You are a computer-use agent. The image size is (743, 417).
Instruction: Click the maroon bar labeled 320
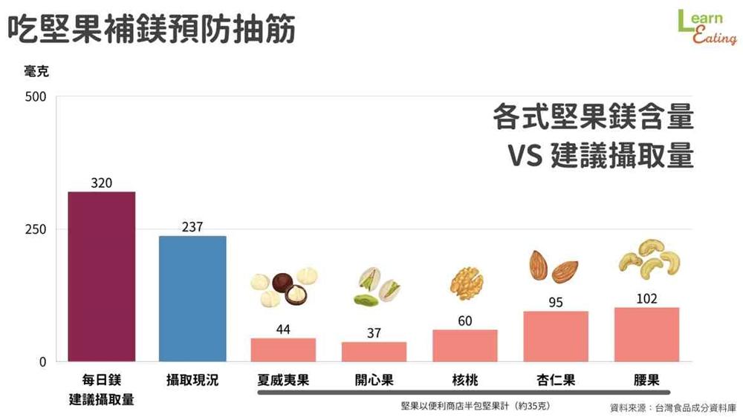(x=102, y=276)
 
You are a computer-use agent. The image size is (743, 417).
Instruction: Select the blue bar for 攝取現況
(x=192, y=298)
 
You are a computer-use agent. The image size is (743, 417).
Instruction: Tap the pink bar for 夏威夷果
(x=283, y=349)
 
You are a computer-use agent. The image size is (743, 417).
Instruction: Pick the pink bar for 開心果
(x=374, y=352)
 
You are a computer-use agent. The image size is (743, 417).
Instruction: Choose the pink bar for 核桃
(x=464, y=346)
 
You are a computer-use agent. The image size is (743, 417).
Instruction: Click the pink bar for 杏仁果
(x=556, y=336)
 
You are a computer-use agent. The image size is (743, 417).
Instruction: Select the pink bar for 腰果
(x=646, y=334)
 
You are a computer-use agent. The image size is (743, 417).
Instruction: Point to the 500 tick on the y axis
(x=36, y=96)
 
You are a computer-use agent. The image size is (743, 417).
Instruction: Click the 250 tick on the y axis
(x=36, y=229)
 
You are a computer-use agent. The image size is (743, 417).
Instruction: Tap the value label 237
(x=192, y=227)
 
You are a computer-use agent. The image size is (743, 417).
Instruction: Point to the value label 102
(x=646, y=298)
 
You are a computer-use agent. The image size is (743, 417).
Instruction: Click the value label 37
(x=374, y=333)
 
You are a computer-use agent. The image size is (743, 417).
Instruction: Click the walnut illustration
(x=466, y=283)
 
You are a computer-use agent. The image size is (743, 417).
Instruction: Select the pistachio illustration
(x=377, y=288)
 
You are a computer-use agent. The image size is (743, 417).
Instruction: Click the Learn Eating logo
(x=706, y=28)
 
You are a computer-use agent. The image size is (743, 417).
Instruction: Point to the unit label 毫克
(x=36, y=71)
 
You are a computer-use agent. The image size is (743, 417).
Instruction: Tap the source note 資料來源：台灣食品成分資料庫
(x=672, y=407)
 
